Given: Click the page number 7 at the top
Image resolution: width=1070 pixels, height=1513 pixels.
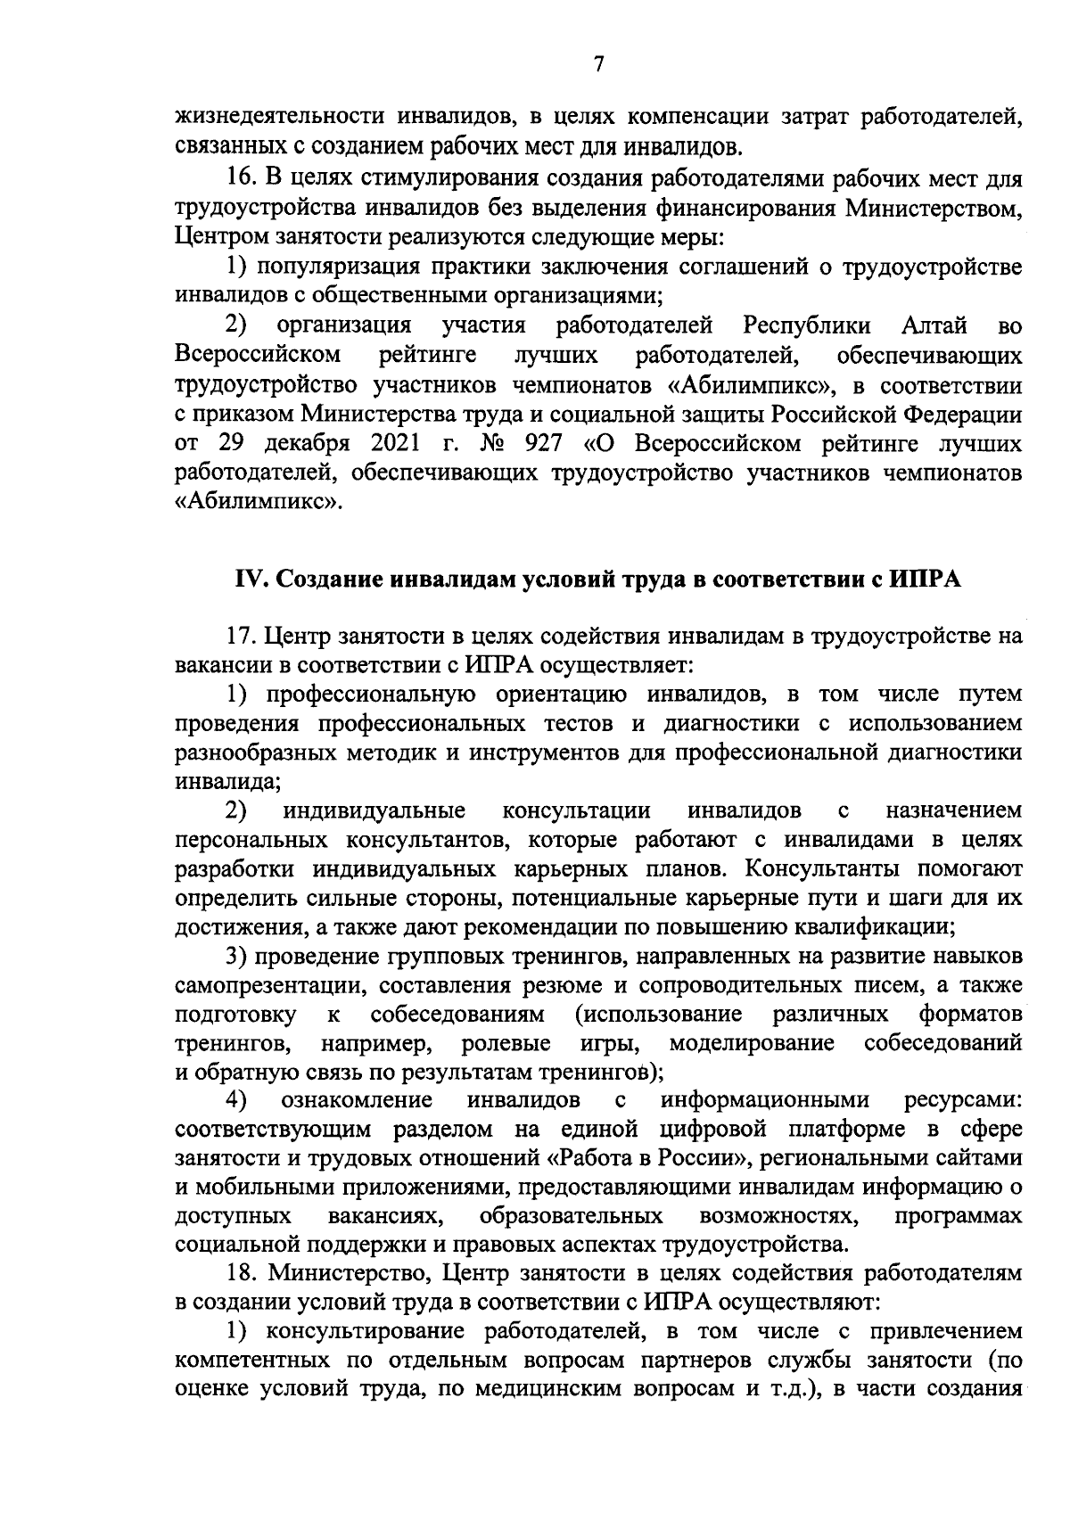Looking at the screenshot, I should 598,64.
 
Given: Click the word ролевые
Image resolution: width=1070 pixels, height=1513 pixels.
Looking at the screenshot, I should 506,1042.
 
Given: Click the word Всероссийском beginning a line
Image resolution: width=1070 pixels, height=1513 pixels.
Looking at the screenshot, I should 259,355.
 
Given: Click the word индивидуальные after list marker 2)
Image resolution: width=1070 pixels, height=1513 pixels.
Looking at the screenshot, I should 374,810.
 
